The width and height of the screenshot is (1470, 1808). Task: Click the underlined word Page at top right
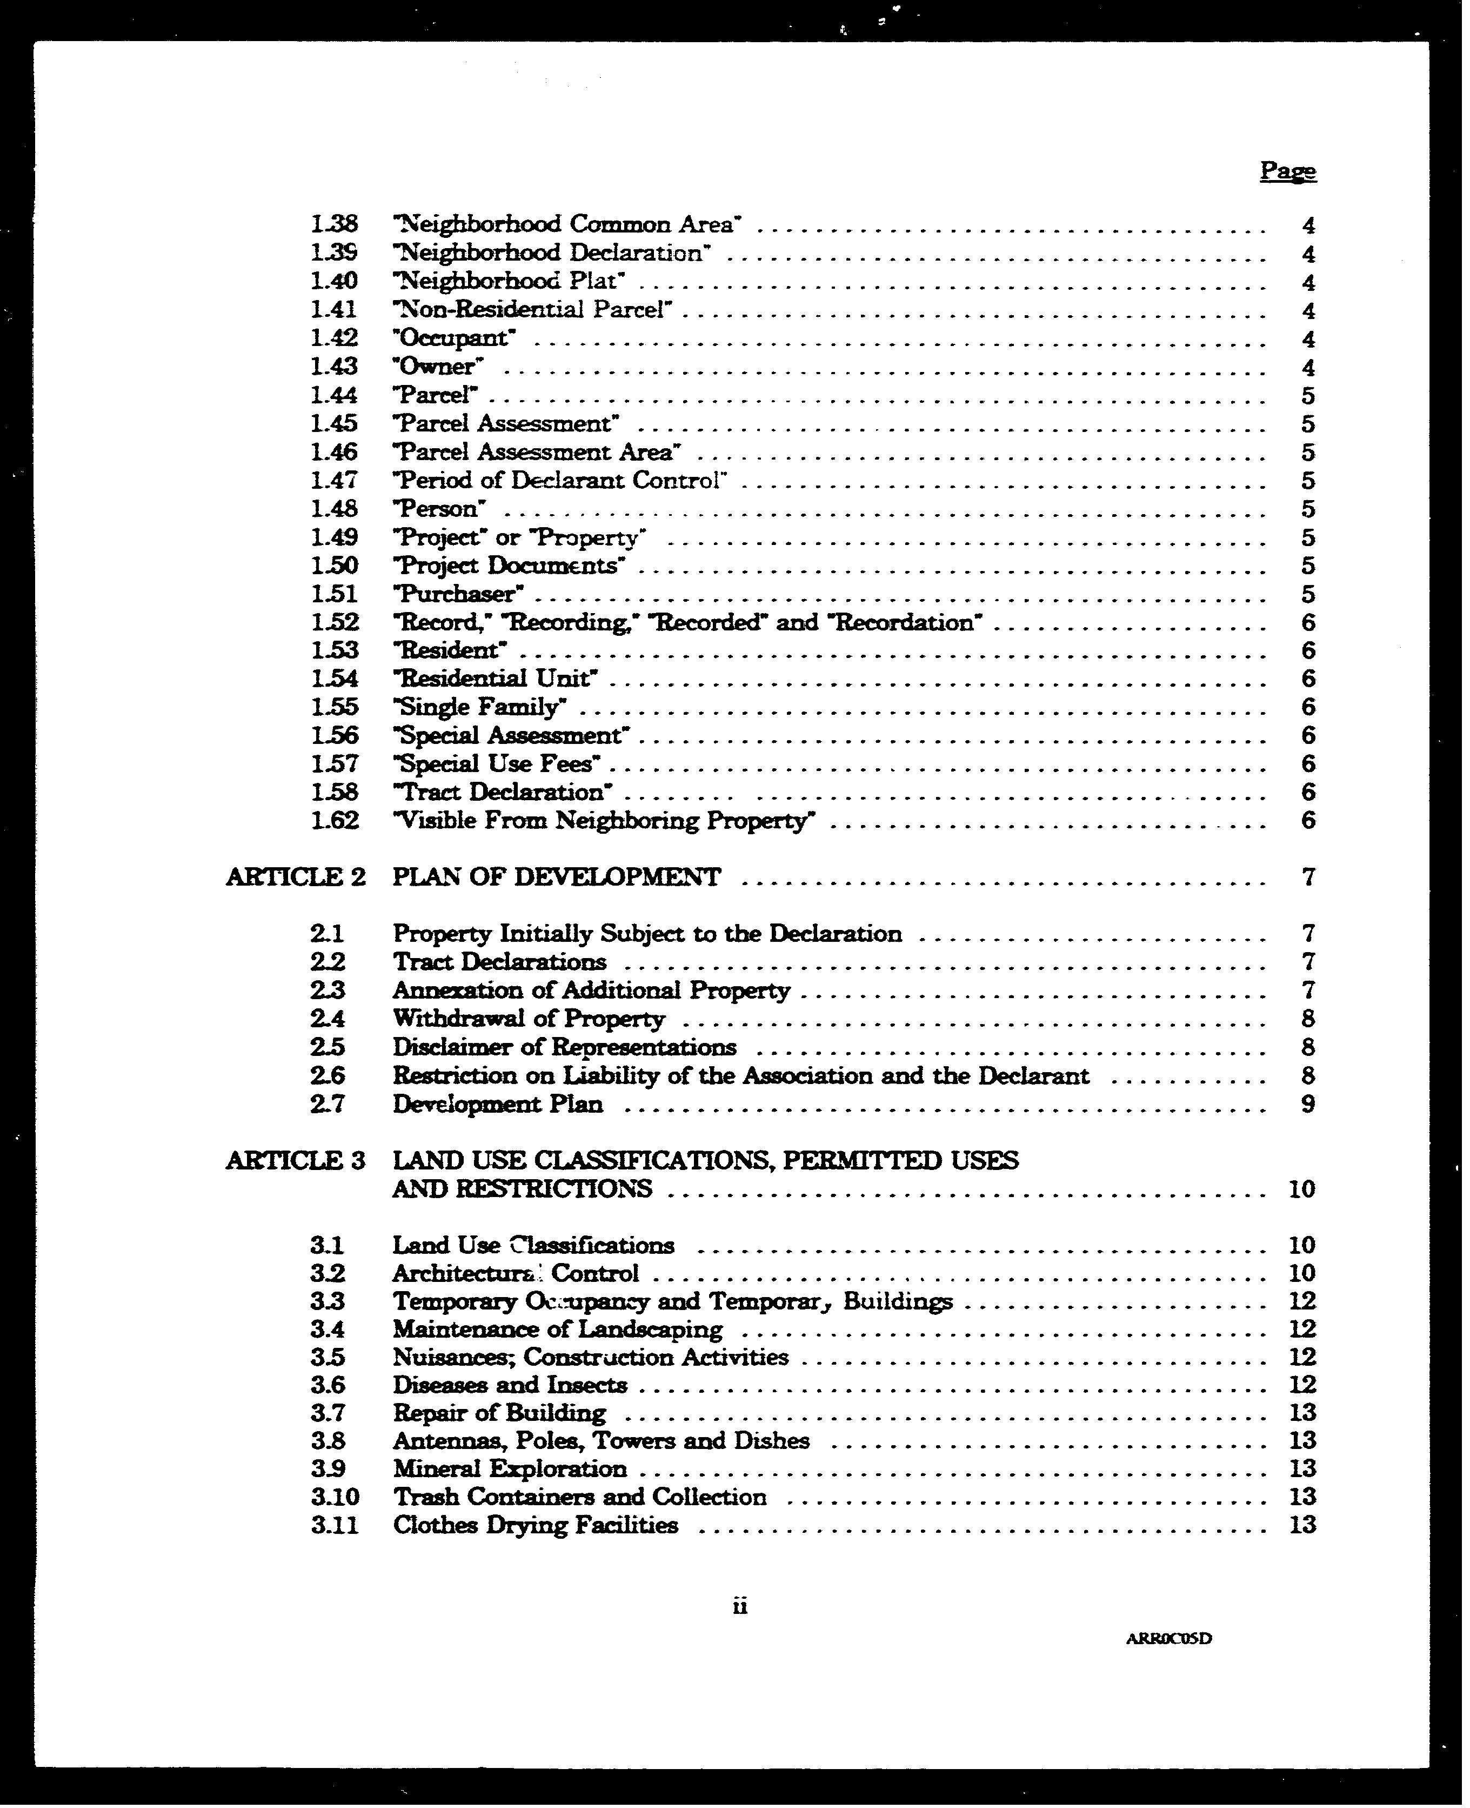pos(1287,171)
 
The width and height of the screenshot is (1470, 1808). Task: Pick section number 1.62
pos(335,820)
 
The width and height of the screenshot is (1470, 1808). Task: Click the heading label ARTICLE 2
pos(296,877)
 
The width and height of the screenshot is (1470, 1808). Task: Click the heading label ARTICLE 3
pos(296,1161)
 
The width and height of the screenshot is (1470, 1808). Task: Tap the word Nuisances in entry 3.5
pos(453,1357)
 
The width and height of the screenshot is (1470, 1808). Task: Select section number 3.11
pos(335,1526)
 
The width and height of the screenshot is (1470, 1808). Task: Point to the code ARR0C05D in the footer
pos(1168,1639)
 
